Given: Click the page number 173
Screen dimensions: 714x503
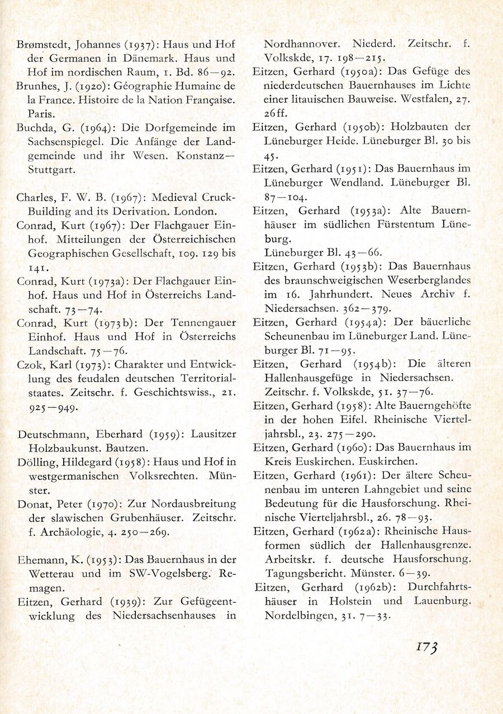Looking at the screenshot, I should coord(426,647).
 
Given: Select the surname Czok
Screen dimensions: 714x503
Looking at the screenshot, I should coord(30,365).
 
